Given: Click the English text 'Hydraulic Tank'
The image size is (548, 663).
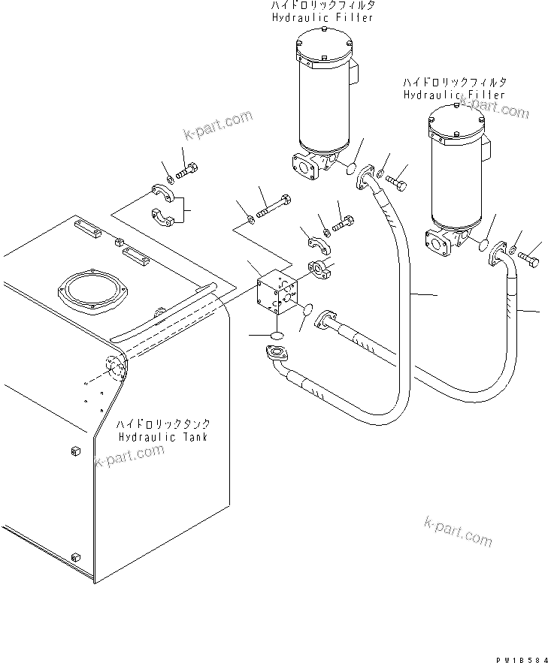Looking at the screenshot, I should pos(162,437).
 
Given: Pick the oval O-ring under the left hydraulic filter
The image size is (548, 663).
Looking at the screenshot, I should pos(352,169).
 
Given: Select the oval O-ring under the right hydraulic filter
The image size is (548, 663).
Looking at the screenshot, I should pos(483,244).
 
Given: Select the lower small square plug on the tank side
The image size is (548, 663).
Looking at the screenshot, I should pos(74,556).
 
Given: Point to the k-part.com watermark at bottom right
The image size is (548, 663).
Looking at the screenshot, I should pos(458,531).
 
